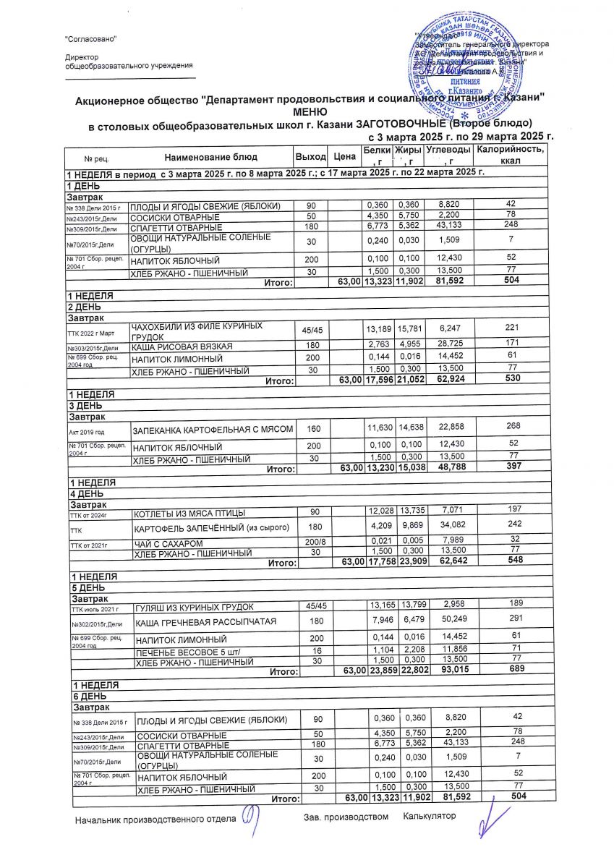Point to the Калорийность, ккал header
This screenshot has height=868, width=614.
pyautogui.click(x=510, y=154)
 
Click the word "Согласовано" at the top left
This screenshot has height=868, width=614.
pyautogui.click(x=90, y=38)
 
